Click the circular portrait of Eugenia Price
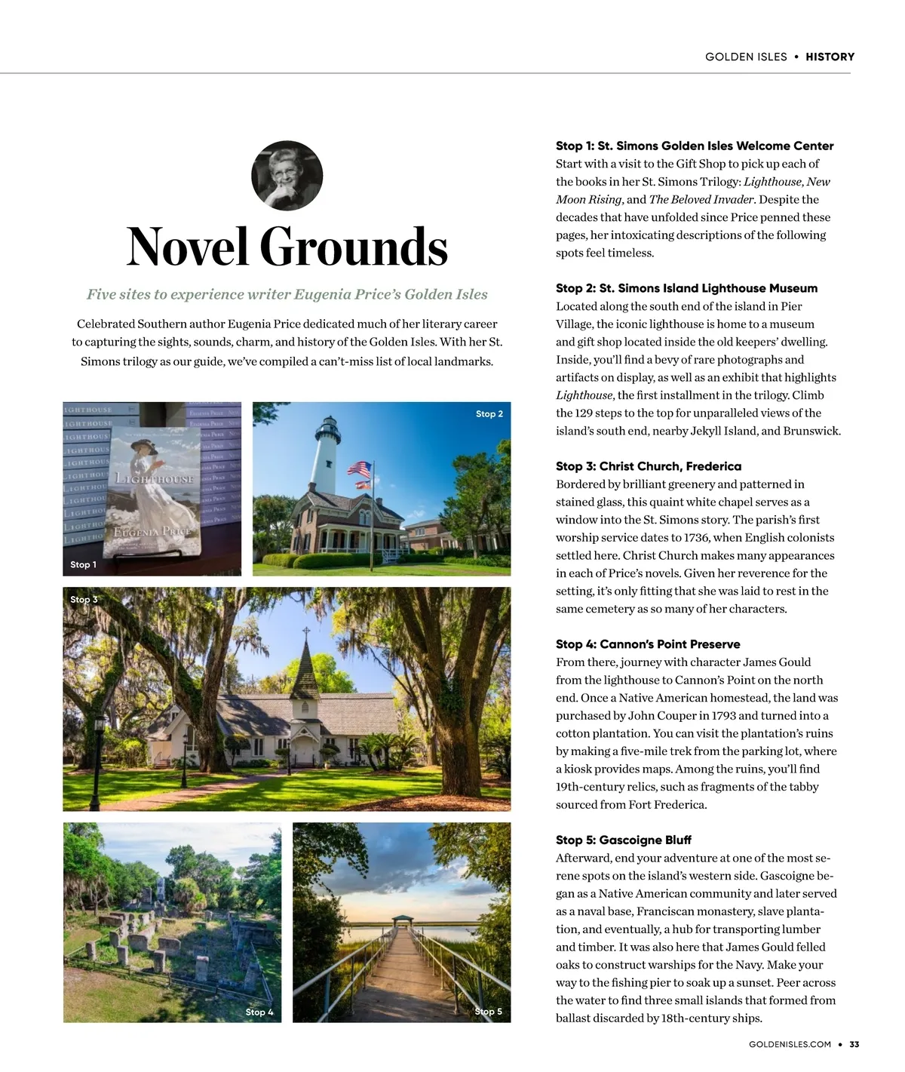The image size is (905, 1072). pyautogui.click(x=287, y=176)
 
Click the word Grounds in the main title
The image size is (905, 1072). pyautogui.click(x=354, y=247)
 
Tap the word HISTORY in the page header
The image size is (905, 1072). pyautogui.click(x=830, y=57)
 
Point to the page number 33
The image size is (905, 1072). pyautogui.click(x=854, y=1045)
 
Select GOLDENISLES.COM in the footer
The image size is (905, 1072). pyautogui.click(x=790, y=1045)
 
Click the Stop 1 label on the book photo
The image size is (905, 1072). pyautogui.click(x=83, y=564)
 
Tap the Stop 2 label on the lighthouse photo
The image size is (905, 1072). pyautogui.click(x=489, y=413)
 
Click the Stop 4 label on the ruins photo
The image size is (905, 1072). pyautogui.click(x=259, y=1012)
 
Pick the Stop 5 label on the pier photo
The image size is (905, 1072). pyautogui.click(x=488, y=1012)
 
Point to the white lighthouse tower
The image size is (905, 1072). pyautogui.click(x=330, y=453)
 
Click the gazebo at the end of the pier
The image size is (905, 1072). pyautogui.click(x=404, y=922)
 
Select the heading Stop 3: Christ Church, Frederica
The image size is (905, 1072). pyautogui.click(x=648, y=466)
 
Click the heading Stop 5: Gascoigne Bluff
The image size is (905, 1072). pyautogui.click(x=623, y=840)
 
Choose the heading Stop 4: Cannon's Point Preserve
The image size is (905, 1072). pyautogui.click(x=647, y=644)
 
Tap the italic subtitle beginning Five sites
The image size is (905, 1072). pyautogui.click(x=287, y=294)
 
